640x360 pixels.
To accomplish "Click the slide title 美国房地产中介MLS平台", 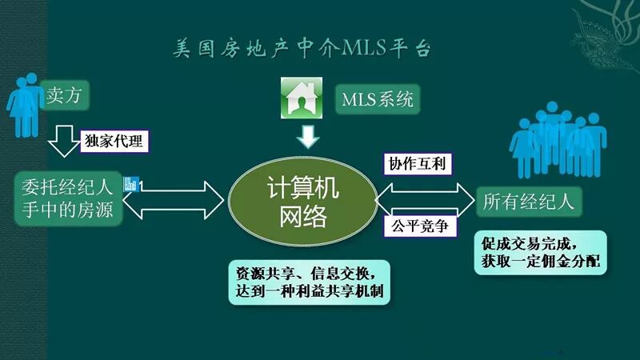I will [x=303, y=49].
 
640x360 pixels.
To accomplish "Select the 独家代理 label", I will [x=113, y=142].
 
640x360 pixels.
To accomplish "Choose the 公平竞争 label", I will [x=421, y=227].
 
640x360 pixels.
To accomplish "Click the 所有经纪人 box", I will [x=528, y=201].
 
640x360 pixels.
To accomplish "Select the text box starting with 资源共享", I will [x=309, y=281].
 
